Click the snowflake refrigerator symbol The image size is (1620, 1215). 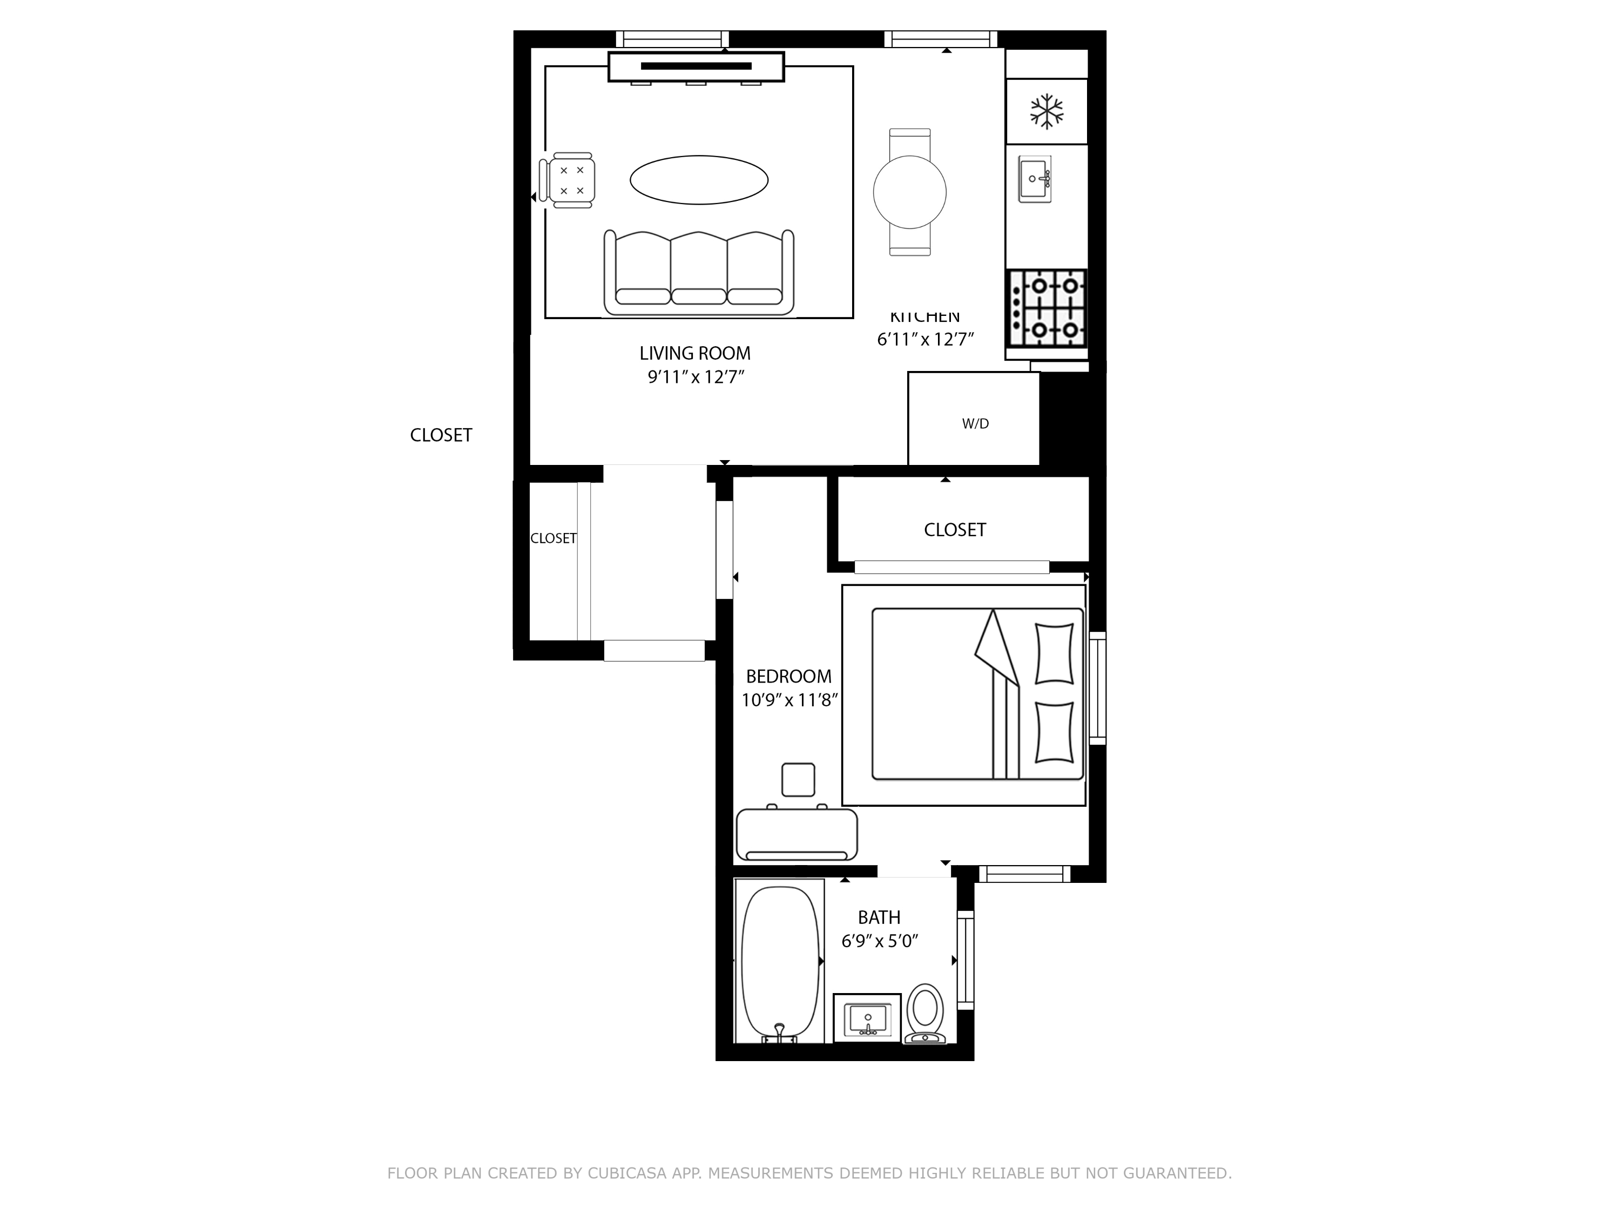pos(1047,111)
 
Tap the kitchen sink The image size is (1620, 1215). pos(1035,179)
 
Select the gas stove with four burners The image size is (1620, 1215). pos(1047,308)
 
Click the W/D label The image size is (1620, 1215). pos(975,423)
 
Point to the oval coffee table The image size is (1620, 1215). pos(699,179)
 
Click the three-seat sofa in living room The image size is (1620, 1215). pos(699,273)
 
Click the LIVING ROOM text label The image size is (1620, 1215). pos(694,353)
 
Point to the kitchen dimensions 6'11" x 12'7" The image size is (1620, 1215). pos(925,339)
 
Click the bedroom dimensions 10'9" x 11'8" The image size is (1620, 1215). pos(789,700)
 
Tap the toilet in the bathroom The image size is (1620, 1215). pos(925,1013)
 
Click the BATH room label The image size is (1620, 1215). pos(879,917)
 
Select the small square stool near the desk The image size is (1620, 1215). pos(798,779)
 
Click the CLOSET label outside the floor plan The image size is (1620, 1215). pos(441,435)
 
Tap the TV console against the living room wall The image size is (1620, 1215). pos(696,66)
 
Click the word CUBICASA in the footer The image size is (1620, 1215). pos(626,1173)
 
